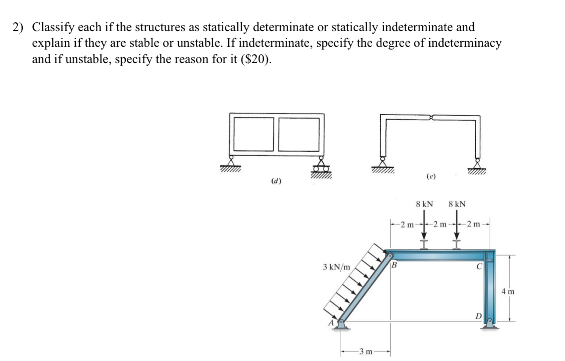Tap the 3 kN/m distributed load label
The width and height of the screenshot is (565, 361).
[x=336, y=267]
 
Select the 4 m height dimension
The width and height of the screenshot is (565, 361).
[x=508, y=290]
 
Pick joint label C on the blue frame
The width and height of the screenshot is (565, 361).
[x=480, y=265]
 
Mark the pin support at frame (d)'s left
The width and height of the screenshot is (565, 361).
[x=230, y=162]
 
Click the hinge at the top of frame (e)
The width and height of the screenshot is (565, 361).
[x=431, y=117]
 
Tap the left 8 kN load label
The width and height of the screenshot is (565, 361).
[x=424, y=204]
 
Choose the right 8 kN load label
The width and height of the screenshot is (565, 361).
[x=457, y=204]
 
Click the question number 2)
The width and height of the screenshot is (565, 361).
[x=18, y=28]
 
